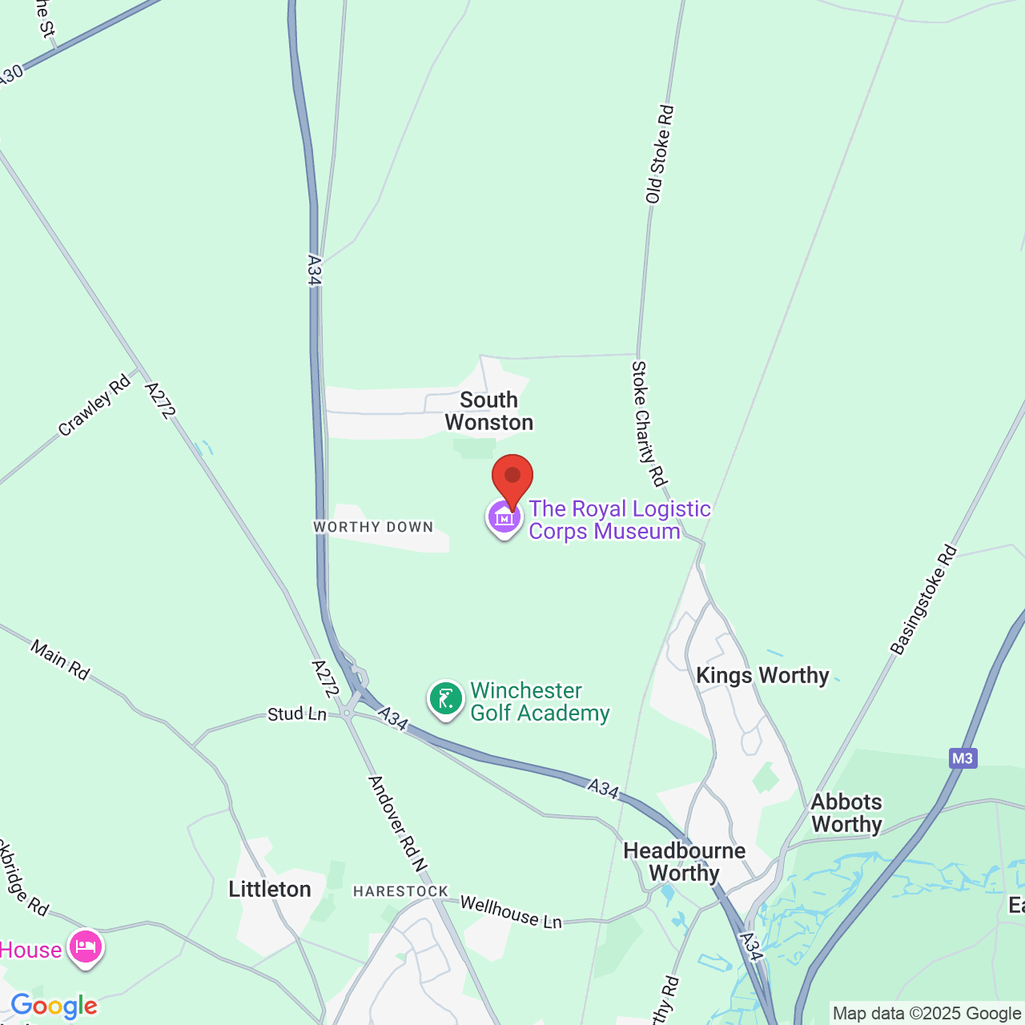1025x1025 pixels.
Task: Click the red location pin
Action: click(512, 477)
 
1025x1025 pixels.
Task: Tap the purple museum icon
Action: click(504, 518)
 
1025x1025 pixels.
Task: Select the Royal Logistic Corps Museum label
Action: click(619, 520)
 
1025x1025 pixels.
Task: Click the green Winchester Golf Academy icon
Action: click(446, 699)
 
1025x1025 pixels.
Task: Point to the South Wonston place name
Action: click(489, 411)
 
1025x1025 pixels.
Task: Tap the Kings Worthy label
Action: click(762, 676)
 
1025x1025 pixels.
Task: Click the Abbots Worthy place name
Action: click(846, 813)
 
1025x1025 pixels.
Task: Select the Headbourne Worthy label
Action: click(685, 862)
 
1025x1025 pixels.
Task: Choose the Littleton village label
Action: click(270, 889)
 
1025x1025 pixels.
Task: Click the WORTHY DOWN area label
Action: click(373, 527)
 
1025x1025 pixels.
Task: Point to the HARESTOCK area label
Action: click(401, 891)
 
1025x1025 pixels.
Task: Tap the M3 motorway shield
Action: click(963, 758)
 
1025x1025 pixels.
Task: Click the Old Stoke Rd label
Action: click(661, 155)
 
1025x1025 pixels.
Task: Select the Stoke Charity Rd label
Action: click(649, 423)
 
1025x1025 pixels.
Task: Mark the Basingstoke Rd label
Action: click(924, 601)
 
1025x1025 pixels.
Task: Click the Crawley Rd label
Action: click(94, 405)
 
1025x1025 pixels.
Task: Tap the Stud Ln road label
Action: click(297, 713)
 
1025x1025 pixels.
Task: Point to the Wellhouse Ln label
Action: click(511, 912)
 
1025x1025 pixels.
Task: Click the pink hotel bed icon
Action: click(86, 948)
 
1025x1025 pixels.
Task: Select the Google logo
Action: click(54, 1006)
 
